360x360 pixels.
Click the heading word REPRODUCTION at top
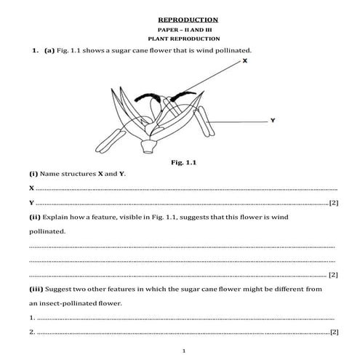[x=188, y=20]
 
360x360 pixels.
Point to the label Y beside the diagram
[x=271, y=120]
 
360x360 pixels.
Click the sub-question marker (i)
[x=33, y=175]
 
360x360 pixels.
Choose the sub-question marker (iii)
[x=36, y=289]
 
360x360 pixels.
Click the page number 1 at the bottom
[x=184, y=351]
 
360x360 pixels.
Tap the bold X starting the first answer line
[x=31, y=188]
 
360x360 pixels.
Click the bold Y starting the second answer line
[x=31, y=201]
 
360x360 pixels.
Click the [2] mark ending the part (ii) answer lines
[x=333, y=274]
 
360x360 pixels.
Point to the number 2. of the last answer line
[x=33, y=332]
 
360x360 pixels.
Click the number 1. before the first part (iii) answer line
[x=33, y=317]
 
